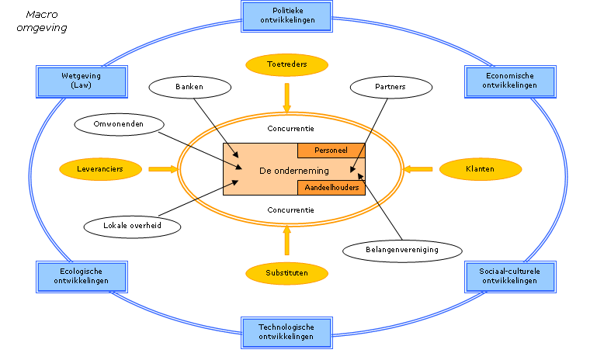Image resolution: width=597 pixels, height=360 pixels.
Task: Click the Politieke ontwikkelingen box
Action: click(x=287, y=16)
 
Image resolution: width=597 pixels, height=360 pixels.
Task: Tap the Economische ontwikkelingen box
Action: click(x=509, y=81)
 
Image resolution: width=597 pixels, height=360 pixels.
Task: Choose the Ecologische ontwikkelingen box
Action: click(x=81, y=276)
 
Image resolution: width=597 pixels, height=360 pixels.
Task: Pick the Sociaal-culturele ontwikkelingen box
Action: click(x=509, y=275)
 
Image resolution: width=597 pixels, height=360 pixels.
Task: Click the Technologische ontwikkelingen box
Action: click(x=286, y=332)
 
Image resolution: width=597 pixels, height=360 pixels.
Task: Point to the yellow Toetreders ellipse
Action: click(x=286, y=65)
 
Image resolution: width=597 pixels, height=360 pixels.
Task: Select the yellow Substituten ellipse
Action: click(x=286, y=273)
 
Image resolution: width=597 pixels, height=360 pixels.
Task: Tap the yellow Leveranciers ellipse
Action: click(x=100, y=168)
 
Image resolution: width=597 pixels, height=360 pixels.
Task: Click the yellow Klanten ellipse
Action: click(x=480, y=168)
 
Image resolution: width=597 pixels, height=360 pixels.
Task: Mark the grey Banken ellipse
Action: click(x=189, y=87)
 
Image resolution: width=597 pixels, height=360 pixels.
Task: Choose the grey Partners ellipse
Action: click(x=390, y=87)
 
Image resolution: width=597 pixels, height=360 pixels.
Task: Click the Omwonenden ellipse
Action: click(x=120, y=123)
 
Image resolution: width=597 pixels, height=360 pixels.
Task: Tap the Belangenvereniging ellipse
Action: click(x=402, y=250)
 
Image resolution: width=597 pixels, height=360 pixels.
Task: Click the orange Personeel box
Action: click(x=331, y=150)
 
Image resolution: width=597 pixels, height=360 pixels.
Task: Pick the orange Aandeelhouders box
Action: click(x=331, y=188)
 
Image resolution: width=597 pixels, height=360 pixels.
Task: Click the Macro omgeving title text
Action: click(x=42, y=21)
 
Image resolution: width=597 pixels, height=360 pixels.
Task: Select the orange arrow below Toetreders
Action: click(x=286, y=99)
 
